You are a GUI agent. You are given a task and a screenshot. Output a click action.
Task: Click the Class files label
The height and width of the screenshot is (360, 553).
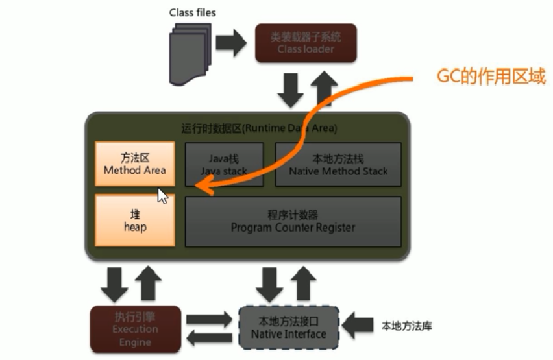click(x=193, y=12)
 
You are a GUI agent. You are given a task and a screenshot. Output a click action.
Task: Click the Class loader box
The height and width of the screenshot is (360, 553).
click(x=306, y=43)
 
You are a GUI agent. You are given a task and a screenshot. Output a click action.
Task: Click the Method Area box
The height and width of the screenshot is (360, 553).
click(x=135, y=164)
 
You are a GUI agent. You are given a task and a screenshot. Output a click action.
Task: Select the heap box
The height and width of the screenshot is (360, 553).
click(x=135, y=221)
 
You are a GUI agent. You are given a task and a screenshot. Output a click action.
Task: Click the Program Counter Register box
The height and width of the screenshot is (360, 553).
click(x=293, y=221)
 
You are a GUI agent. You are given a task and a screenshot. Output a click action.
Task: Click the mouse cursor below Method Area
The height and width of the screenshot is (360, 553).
click(x=162, y=195)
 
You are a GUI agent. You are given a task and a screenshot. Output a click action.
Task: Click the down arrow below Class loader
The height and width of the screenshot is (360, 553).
click(x=291, y=90)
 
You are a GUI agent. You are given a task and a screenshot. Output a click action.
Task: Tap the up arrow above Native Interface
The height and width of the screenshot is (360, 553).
click(x=305, y=281)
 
